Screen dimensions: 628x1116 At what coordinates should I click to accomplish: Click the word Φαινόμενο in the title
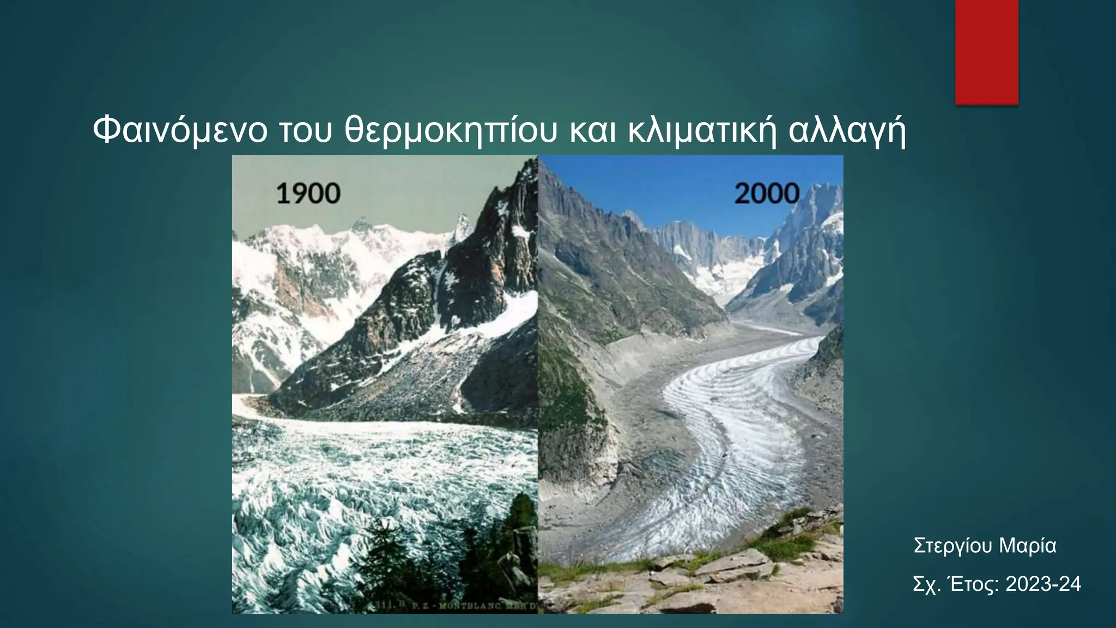[180, 131]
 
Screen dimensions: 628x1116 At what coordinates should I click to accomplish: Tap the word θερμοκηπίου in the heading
[451, 131]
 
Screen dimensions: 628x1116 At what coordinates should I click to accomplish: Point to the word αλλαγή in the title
[847, 131]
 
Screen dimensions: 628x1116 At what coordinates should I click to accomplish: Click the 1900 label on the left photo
[308, 194]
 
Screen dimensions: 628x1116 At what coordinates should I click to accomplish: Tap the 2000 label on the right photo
[766, 194]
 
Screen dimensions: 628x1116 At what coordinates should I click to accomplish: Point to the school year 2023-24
[1043, 584]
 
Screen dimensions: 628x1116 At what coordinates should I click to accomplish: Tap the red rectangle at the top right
[986, 52]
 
